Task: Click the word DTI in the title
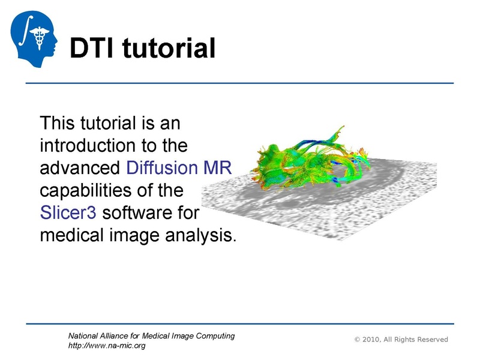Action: click(92, 48)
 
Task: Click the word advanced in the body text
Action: click(80, 167)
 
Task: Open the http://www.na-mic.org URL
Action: click(107, 346)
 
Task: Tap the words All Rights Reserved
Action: click(419, 340)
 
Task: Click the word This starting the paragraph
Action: click(59, 124)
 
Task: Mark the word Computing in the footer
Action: click(212, 336)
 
